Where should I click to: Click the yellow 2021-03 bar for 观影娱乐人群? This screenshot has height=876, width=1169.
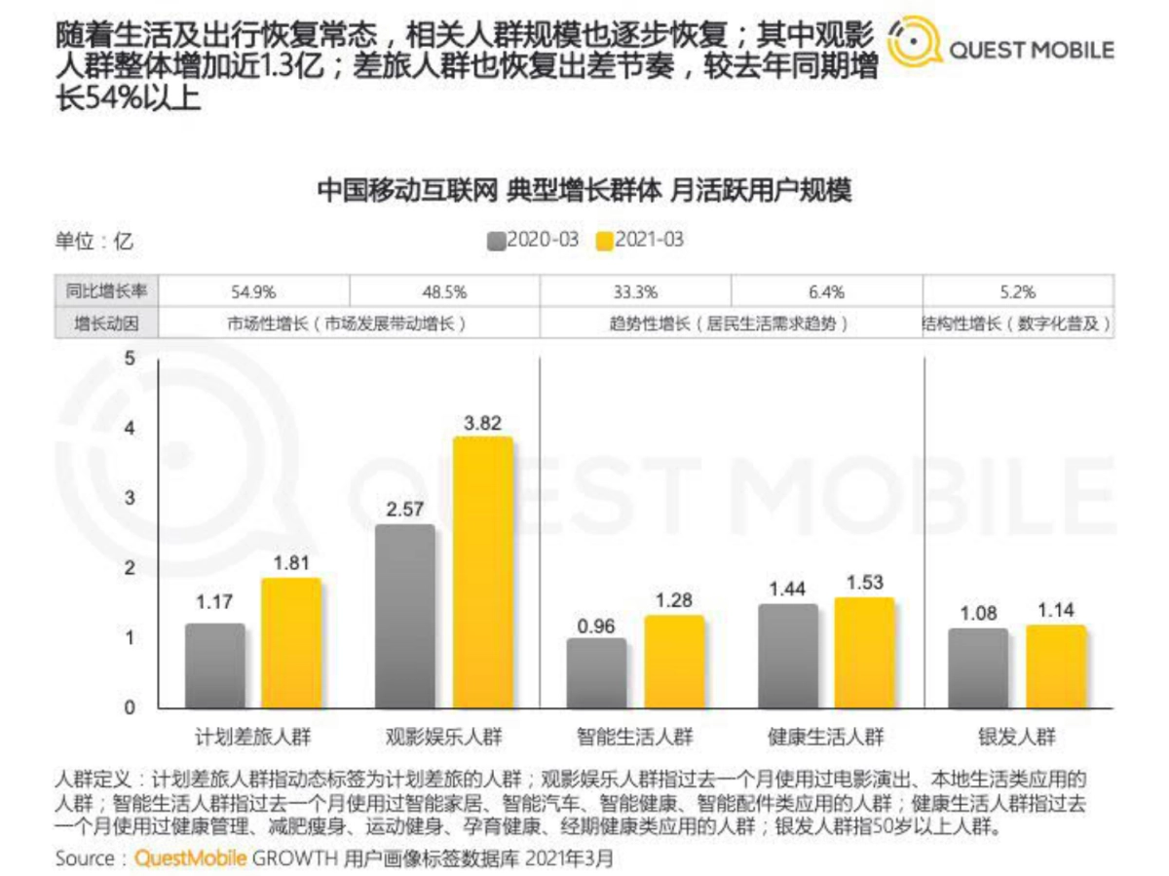click(482, 572)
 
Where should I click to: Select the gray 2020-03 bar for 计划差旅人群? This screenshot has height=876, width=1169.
click(214, 666)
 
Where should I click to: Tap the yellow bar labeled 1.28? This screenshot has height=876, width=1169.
click(673, 662)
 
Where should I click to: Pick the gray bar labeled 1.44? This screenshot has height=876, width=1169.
click(787, 656)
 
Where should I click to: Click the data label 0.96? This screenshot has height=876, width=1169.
click(596, 625)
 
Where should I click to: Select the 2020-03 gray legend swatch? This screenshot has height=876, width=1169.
click(495, 240)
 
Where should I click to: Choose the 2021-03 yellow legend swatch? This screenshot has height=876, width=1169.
click(603, 240)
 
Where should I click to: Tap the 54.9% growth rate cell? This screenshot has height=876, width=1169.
click(253, 291)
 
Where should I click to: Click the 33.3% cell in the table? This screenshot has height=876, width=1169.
click(635, 291)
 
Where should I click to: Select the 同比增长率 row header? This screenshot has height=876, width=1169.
click(106, 291)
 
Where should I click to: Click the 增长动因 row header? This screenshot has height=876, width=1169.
click(106, 323)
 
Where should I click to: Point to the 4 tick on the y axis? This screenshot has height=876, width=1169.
click(129, 429)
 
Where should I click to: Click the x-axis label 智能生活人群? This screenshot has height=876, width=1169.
click(634, 737)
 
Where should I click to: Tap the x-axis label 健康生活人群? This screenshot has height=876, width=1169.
click(825, 737)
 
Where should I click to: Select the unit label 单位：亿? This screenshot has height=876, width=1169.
click(94, 241)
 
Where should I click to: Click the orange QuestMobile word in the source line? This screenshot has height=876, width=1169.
click(191, 858)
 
